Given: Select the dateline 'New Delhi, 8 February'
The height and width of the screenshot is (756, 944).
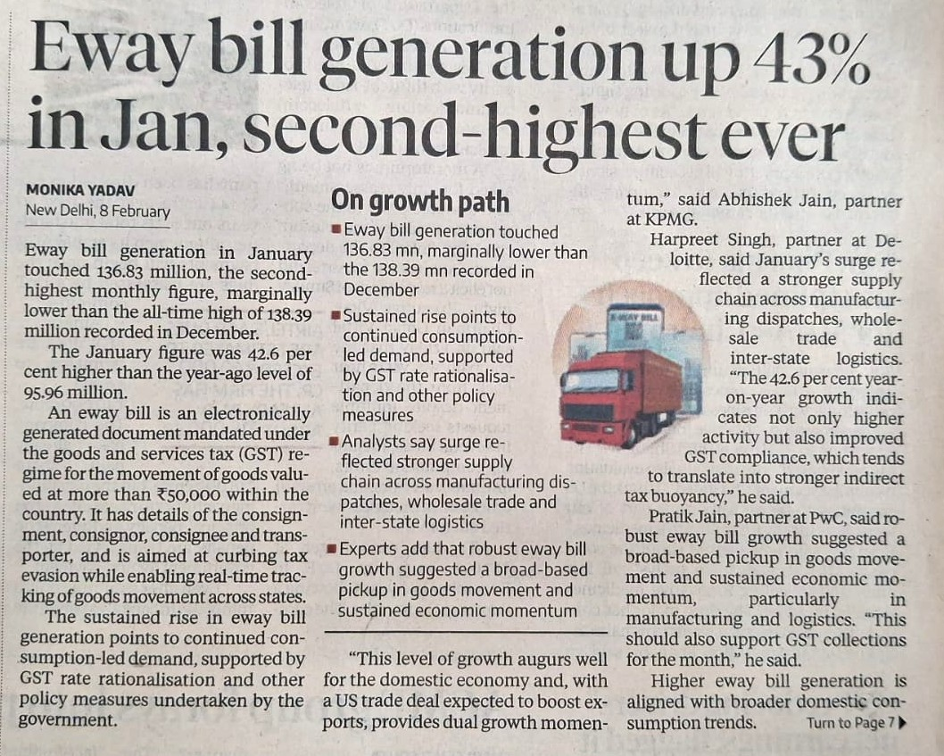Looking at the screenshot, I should (x=97, y=211).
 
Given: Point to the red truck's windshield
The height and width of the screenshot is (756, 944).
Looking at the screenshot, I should (x=592, y=380).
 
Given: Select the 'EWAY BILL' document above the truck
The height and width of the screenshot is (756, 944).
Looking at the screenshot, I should (x=634, y=330).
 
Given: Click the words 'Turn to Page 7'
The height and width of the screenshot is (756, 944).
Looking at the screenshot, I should (x=850, y=722).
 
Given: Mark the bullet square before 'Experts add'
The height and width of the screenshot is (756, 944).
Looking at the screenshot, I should (x=333, y=548).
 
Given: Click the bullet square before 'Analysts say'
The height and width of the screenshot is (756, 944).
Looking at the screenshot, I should (x=333, y=441).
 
